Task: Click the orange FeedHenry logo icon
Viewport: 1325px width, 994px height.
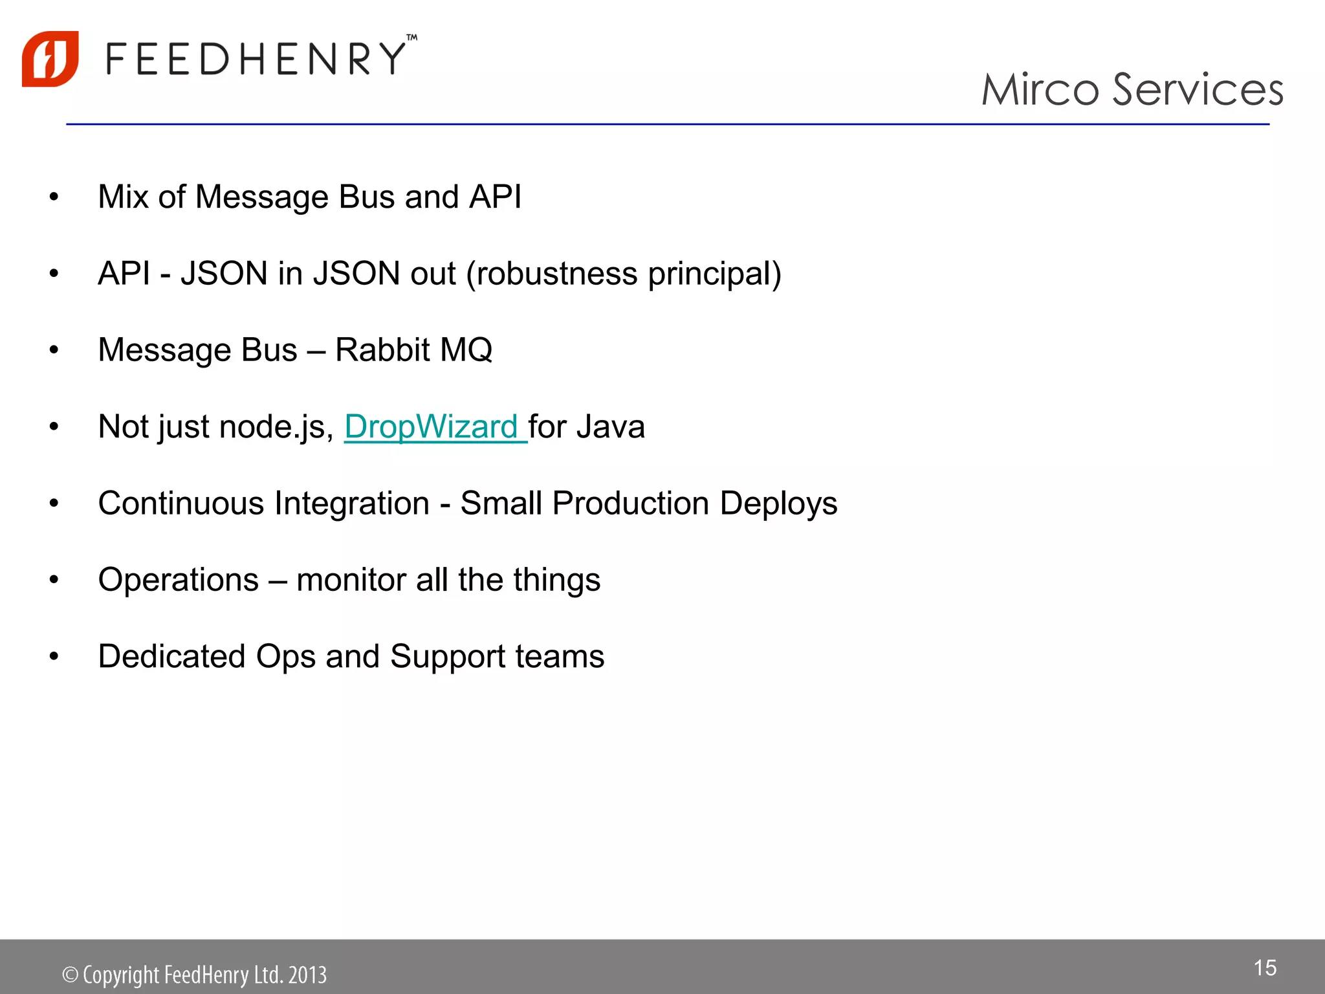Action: click(50, 59)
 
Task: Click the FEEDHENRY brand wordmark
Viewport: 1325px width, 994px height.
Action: click(256, 59)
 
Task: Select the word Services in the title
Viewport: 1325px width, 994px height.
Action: click(1198, 89)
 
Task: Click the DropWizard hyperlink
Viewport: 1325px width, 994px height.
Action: click(432, 427)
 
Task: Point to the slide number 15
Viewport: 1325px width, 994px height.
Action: click(1265, 968)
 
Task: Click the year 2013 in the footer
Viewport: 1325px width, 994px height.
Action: click(307, 975)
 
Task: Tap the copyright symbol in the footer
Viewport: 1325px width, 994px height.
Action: click(70, 975)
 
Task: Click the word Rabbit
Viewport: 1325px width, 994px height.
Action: click(382, 350)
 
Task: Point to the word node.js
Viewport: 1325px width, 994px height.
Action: click(276, 427)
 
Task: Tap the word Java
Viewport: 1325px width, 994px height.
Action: click(611, 427)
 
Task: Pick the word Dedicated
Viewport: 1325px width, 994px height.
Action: click(172, 656)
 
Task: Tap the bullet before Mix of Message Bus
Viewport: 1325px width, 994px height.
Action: click(54, 197)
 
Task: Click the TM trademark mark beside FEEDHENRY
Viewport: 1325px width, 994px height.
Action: click(412, 38)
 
